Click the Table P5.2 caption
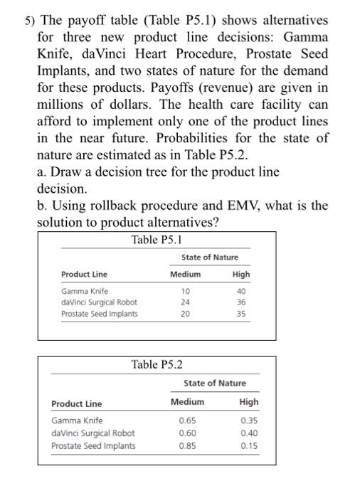[x=157, y=365]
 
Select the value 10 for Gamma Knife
[x=185, y=290]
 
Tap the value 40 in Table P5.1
[x=241, y=290]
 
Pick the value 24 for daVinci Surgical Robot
[x=185, y=302]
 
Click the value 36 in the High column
[x=241, y=302]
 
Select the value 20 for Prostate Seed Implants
[x=185, y=313]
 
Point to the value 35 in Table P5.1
[x=241, y=313]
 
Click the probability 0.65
[x=187, y=420]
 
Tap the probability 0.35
[x=249, y=420]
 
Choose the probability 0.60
[x=187, y=433]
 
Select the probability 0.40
[x=249, y=433]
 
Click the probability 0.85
[x=187, y=445]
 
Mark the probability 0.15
[x=249, y=445]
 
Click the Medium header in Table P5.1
[x=185, y=274]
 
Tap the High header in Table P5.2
[x=249, y=402]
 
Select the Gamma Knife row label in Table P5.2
[x=77, y=420]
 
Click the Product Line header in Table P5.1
[x=85, y=275]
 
